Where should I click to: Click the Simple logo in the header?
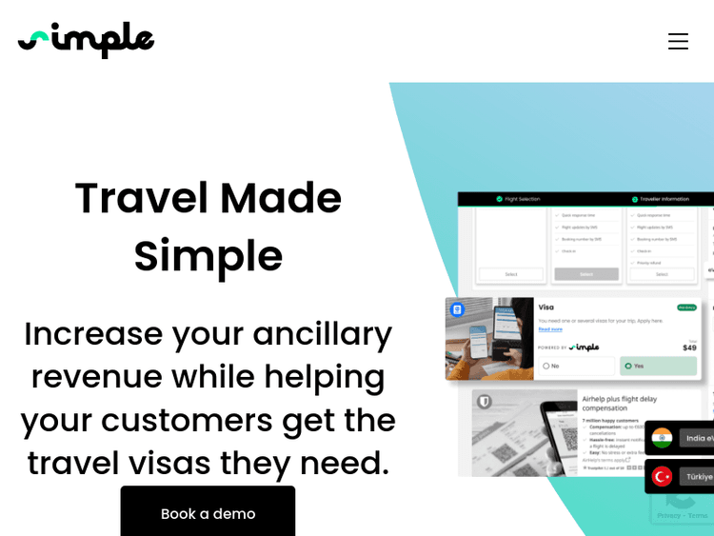click(x=86, y=40)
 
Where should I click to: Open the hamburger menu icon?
click(x=678, y=41)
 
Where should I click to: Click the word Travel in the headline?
click(x=141, y=198)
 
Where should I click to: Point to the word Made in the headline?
click(x=281, y=198)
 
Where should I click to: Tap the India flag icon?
click(x=663, y=438)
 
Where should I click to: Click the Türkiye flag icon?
click(x=663, y=476)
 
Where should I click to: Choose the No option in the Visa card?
click(x=551, y=366)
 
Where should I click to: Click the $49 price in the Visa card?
click(x=689, y=347)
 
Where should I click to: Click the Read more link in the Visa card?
click(x=550, y=329)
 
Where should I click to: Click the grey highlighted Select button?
click(x=586, y=274)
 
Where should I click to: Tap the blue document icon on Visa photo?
click(x=457, y=309)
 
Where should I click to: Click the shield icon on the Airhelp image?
click(x=484, y=402)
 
